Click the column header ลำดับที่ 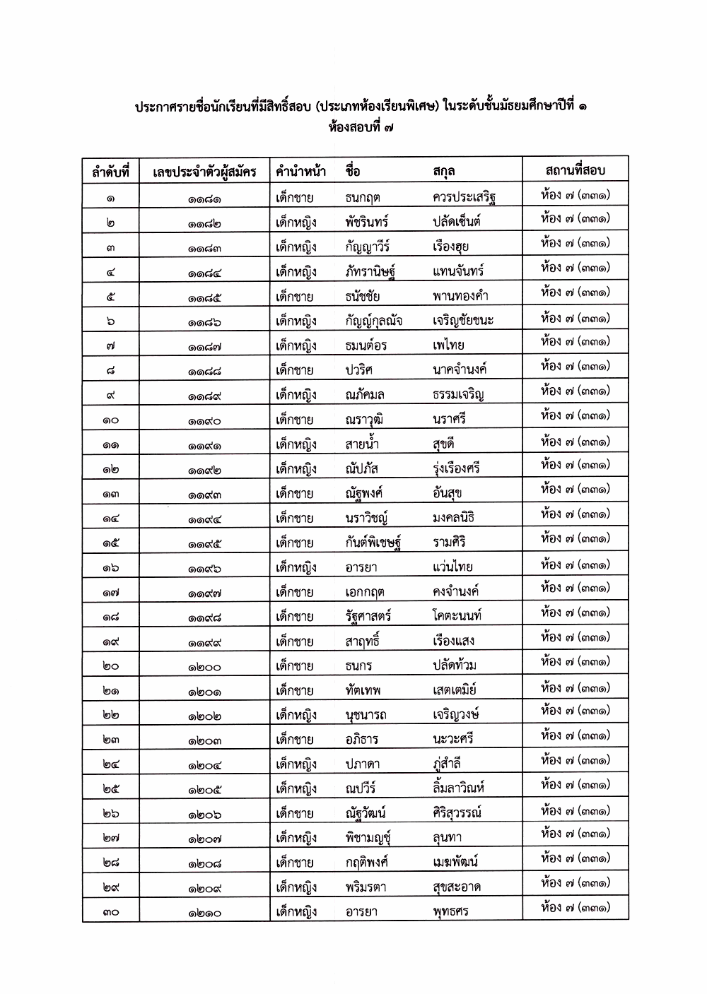(x=110, y=171)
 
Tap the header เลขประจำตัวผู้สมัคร (x=204, y=171)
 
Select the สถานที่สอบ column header (x=575, y=170)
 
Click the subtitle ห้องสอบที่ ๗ (x=361, y=129)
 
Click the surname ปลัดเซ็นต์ (x=457, y=222)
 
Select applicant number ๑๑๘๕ (x=204, y=297)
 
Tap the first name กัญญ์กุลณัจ (x=374, y=321)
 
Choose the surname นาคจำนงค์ (x=460, y=369)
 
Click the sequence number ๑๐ (x=110, y=420)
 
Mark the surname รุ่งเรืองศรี (x=456, y=468)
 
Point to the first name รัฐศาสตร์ (x=368, y=616)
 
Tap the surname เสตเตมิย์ (x=455, y=690)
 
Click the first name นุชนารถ (x=366, y=715)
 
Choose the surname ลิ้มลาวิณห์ (x=459, y=788)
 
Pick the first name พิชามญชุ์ (x=368, y=838)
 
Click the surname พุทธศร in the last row (x=450, y=911)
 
